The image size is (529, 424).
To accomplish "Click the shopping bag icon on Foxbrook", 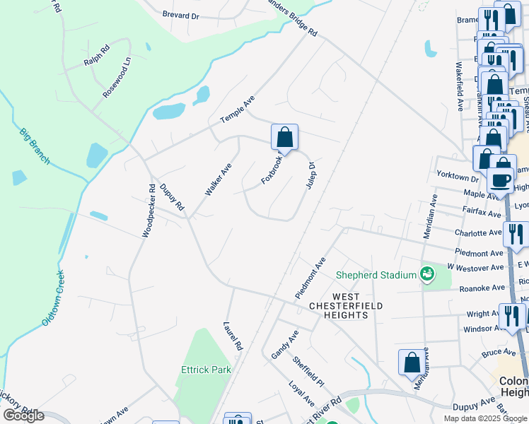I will click(284, 137).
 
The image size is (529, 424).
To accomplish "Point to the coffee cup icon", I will click(500, 179).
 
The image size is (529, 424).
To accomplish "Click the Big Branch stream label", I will click(35, 146).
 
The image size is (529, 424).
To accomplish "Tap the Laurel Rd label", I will click(233, 336).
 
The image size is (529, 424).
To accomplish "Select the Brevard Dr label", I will click(180, 14).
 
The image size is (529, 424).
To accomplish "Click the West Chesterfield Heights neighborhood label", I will click(346, 306).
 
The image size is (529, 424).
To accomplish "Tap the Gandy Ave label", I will click(286, 343).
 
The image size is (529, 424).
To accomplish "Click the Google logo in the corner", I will click(23, 416).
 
